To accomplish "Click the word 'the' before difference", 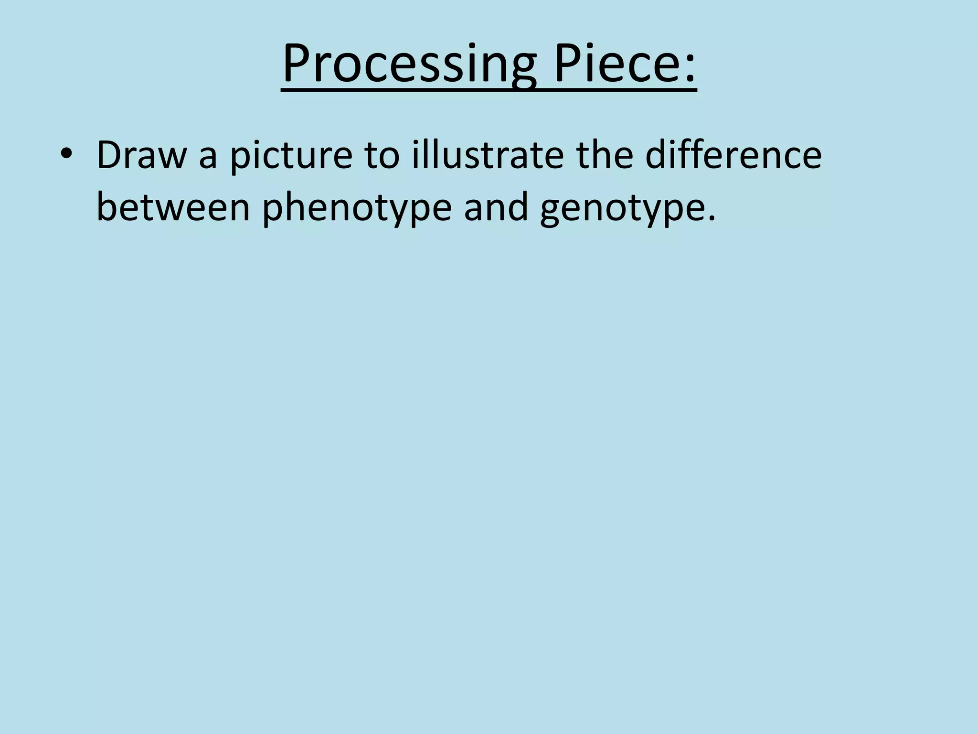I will (605, 155).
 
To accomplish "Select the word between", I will (173, 208).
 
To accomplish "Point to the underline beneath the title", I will (489, 90).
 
